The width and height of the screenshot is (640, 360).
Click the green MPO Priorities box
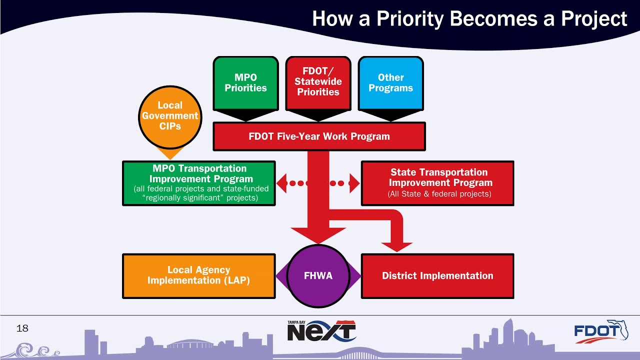pos(245,83)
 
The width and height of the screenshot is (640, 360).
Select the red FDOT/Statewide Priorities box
pos(318,83)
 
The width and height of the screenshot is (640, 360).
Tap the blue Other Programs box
pos(390,83)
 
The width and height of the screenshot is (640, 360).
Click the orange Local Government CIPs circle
pos(170,116)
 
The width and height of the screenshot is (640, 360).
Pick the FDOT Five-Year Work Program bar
pos(319,136)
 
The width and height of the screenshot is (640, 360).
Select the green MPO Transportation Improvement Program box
pos(198,183)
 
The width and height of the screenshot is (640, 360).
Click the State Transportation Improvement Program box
pos(437,183)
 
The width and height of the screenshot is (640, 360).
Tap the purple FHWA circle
pos(318,276)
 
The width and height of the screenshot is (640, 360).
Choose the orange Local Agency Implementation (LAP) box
pos(198,276)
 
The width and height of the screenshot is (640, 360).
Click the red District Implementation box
pos(437,276)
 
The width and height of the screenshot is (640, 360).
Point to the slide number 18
pos(22,328)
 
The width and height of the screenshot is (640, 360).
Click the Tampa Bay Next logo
pos(321,331)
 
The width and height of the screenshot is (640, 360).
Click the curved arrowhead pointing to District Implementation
pos(397,246)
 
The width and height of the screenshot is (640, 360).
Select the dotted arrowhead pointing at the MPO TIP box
pos(281,183)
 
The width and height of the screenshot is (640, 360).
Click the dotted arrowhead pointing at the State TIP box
pos(354,183)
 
